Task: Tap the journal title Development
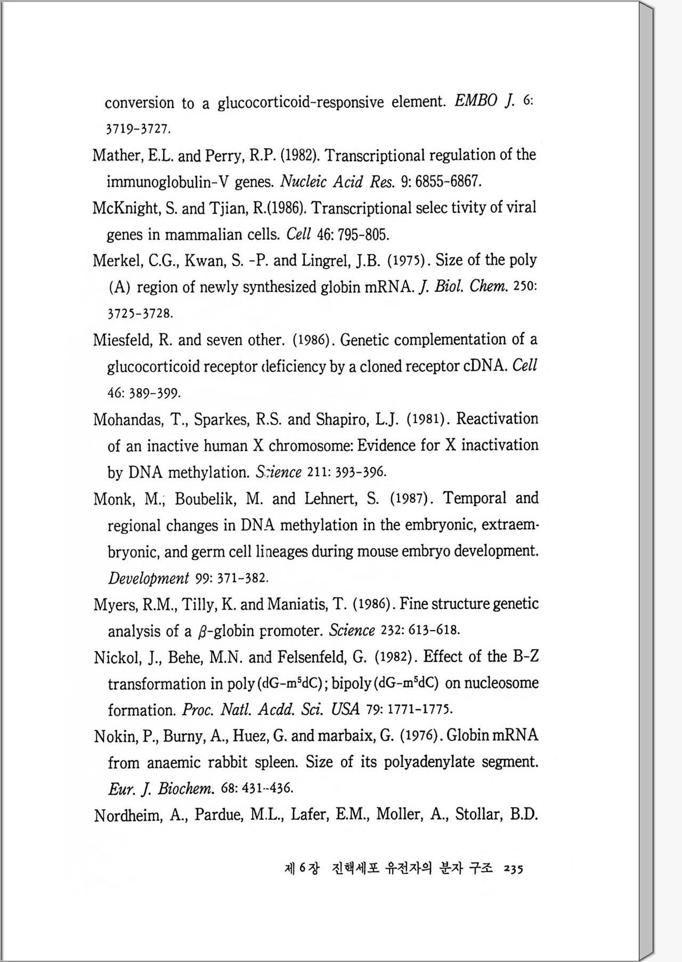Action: tap(148, 578)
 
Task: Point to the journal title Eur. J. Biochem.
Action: tap(161, 789)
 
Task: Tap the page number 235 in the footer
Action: tap(513, 869)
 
